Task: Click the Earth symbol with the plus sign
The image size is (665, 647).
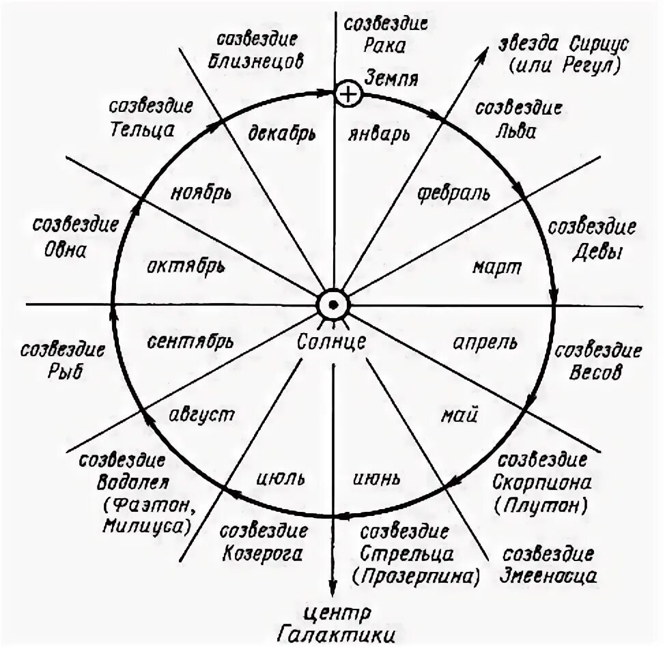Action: click(x=348, y=94)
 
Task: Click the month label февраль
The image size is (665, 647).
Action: click(x=453, y=192)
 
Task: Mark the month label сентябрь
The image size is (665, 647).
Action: click(x=190, y=341)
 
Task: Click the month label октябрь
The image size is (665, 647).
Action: click(x=184, y=265)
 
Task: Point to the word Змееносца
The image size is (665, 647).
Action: click(x=550, y=575)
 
